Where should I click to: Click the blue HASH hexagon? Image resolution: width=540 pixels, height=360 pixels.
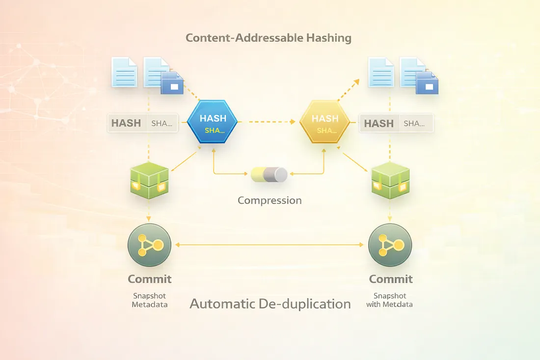(x=213, y=122)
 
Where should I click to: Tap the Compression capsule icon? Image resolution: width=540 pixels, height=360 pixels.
(x=269, y=174)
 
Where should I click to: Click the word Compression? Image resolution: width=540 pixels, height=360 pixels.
(x=270, y=200)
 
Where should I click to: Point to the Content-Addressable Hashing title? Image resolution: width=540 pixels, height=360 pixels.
(x=269, y=38)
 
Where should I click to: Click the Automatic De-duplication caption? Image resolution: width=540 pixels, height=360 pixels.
(x=270, y=304)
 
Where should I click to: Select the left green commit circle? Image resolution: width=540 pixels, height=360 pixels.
(x=149, y=244)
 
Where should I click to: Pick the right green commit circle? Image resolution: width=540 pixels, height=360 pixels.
(x=390, y=244)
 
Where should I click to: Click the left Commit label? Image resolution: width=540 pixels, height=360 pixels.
(x=150, y=279)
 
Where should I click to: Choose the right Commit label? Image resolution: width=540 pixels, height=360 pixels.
(x=391, y=279)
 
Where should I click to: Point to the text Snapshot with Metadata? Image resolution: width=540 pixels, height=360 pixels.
(x=389, y=300)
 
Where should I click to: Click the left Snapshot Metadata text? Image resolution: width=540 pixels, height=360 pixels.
(x=150, y=300)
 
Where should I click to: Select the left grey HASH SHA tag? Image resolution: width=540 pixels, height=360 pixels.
(x=142, y=123)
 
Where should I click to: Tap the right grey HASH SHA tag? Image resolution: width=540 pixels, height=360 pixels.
(x=397, y=123)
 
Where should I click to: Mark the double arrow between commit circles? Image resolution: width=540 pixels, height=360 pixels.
(x=270, y=244)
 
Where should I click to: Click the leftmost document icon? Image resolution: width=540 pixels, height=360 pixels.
(x=124, y=72)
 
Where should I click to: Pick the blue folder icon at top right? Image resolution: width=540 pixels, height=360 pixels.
(x=428, y=83)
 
